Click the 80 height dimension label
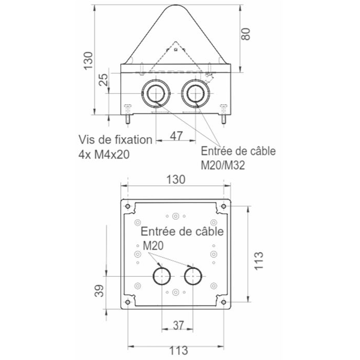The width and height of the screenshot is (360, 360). pos(246,34)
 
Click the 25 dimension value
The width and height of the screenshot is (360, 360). pos(103,80)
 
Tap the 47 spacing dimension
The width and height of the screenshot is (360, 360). pos(176,136)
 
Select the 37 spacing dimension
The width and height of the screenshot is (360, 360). pos(178,325)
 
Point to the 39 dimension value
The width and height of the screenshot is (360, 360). pos(99,291)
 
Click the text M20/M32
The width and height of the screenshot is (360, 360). pos(223,165)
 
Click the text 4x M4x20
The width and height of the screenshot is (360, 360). pos(104,154)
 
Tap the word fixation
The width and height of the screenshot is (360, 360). pos(134,139)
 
